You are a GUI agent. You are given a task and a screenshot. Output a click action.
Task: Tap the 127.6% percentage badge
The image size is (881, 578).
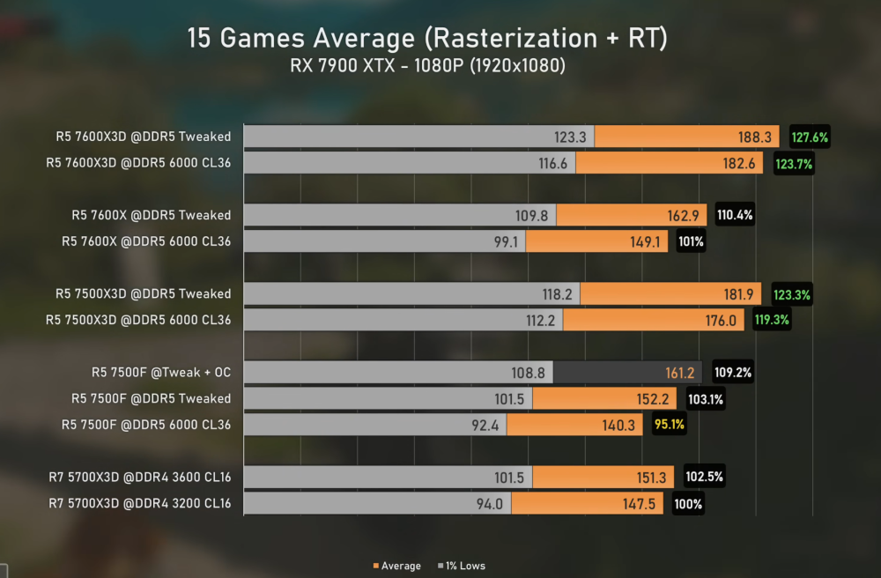point(811,137)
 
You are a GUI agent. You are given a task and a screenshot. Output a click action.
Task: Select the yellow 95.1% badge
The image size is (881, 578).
point(668,425)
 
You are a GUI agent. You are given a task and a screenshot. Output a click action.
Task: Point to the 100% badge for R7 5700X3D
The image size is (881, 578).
point(688,503)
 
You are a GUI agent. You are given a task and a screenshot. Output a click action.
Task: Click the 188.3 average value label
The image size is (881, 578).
point(754,137)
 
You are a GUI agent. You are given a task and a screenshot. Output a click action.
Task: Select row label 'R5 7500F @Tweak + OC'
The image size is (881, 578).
point(161,372)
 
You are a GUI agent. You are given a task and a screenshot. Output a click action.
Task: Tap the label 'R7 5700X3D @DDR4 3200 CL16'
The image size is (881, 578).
point(140,503)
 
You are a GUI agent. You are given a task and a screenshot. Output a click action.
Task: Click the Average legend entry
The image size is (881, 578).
point(396,566)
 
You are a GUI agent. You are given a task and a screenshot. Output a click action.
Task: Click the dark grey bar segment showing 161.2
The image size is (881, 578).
point(627,372)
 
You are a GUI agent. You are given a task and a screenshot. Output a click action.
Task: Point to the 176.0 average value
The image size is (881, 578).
point(720,320)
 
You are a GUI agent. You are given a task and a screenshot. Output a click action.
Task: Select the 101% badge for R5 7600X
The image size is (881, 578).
point(691,241)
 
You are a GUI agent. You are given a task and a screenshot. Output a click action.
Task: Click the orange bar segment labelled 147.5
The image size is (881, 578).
point(587,503)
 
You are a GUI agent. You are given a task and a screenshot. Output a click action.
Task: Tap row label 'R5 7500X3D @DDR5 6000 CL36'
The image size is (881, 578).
point(138,320)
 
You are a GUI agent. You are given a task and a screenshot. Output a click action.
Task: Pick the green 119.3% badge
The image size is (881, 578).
point(772,320)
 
